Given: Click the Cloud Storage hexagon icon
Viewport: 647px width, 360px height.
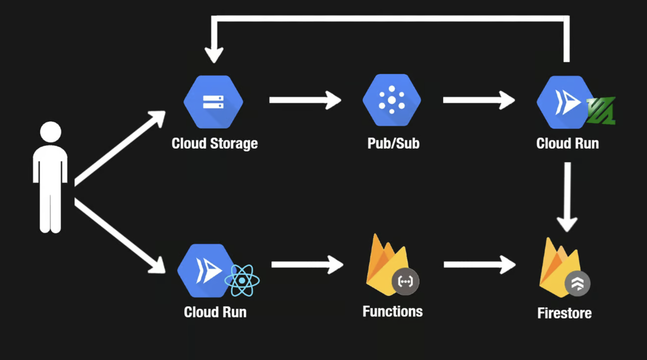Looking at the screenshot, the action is (213, 102).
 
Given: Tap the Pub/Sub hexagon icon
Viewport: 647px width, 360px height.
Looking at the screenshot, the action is (392, 100).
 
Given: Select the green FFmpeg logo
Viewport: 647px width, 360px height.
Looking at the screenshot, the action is (601, 111).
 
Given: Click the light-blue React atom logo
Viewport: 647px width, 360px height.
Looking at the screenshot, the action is (242, 280).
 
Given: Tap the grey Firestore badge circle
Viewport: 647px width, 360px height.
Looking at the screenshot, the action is (578, 284).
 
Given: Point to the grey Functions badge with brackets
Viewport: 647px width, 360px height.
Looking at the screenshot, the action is (405, 281).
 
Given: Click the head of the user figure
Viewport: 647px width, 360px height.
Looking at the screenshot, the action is (51, 132).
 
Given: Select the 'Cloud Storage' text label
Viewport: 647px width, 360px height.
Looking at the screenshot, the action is (215, 143).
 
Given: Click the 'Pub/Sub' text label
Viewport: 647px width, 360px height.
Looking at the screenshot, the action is (394, 143).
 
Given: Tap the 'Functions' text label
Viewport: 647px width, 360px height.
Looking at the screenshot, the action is (393, 311).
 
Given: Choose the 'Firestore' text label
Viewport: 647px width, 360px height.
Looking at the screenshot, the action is (564, 313).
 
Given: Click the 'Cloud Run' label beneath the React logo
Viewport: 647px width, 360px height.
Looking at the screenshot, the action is (215, 312).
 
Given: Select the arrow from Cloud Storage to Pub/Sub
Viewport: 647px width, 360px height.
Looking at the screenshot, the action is (305, 100).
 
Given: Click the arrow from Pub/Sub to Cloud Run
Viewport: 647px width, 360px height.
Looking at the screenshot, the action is (479, 100).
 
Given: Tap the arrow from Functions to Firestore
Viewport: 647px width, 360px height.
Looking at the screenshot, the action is (480, 264).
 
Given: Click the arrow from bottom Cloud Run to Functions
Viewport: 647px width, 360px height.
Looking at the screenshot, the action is (308, 264).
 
